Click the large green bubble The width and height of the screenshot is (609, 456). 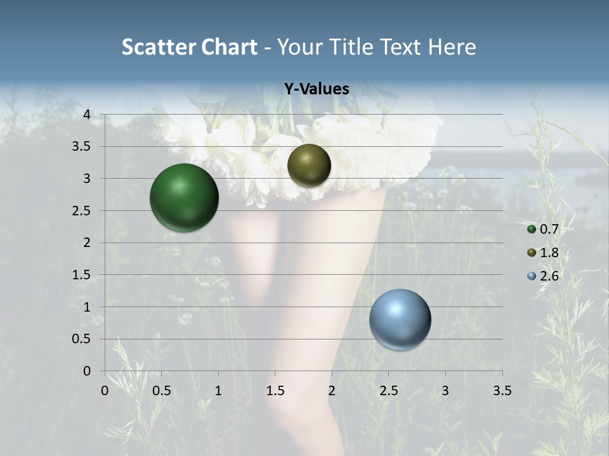pyautogui.click(x=184, y=198)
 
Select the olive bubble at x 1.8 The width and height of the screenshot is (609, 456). pyautogui.click(x=309, y=165)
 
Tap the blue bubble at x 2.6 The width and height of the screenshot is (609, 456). pyautogui.click(x=400, y=320)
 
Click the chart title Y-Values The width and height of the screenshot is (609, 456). pyautogui.click(x=316, y=89)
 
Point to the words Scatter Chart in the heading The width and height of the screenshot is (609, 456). pyautogui.click(x=189, y=47)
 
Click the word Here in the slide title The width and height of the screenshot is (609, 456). pyautogui.click(x=452, y=47)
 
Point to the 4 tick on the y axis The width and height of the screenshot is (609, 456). pyautogui.click(x=87, y=115)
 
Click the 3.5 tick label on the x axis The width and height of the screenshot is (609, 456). pyautogui.click(x=502, y=391)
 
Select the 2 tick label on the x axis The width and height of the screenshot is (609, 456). pyautogui.click(x=332, y=391)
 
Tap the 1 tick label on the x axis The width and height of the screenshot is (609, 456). pyautogui.click(x=218, y=391)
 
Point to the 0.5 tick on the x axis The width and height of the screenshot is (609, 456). pyautogui.click(x=161, y=391)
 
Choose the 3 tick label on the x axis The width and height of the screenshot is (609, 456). pyautogui.click(x=445, y=391)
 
